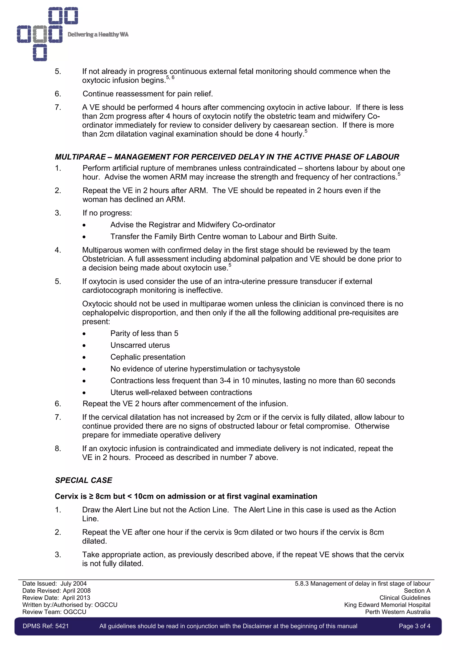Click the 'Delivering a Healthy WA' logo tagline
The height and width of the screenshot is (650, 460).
(98, 35)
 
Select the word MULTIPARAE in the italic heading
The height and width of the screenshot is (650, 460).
(80, 157)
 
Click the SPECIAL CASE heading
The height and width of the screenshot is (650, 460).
(84, 480)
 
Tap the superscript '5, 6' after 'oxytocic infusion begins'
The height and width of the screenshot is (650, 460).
(170, 78)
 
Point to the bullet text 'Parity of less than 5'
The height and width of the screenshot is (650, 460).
(144, 333)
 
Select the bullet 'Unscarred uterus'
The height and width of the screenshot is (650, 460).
(140, 345)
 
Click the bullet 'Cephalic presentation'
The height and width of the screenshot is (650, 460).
(148, 357)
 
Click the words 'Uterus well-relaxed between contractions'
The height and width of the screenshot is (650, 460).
(181, 392)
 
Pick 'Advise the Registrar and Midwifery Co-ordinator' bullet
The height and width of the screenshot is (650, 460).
(193, 225)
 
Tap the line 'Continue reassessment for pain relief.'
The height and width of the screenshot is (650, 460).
(148, 94)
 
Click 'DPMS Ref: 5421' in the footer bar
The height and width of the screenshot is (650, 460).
(46, 626)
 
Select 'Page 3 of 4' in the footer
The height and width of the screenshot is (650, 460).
(414, 626)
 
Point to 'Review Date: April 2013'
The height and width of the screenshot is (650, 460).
(56, 598)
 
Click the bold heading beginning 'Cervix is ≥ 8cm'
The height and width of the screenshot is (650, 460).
(186, 496)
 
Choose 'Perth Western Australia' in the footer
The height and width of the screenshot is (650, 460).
(397, 612)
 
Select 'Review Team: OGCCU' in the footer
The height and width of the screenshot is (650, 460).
(54, 612)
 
